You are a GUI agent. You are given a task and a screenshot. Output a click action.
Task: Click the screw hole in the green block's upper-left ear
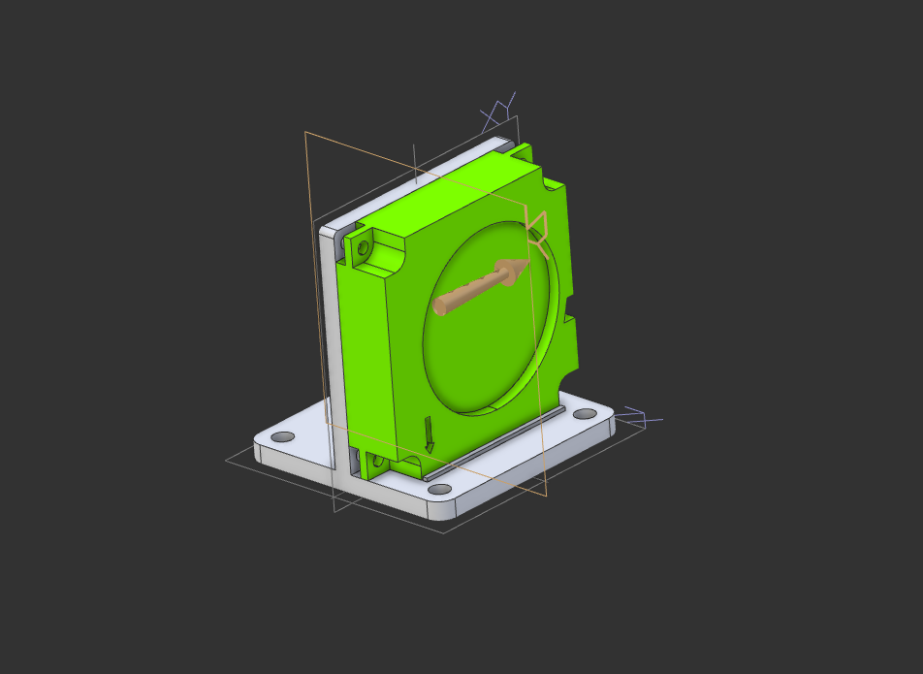(x=364, y=248)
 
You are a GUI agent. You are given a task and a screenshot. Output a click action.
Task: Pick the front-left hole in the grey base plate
(x=281, y=437)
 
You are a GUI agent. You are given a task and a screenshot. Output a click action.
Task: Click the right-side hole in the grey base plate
(x=585, y=414)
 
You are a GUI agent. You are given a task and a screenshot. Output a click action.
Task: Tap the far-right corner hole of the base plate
(x=585, y=414)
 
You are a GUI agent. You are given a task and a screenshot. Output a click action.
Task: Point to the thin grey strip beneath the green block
(x=494, y=442)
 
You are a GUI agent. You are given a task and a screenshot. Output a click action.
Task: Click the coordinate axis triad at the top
(x=498, y=112)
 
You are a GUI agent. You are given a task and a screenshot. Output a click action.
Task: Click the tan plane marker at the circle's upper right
(x=536, y=228)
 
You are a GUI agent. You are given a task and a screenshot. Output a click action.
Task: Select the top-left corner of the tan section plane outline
(x=305, y=132)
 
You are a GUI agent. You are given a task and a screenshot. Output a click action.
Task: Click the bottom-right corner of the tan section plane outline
(x=546, y=496)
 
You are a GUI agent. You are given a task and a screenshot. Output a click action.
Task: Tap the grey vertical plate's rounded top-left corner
(x=326, y=230)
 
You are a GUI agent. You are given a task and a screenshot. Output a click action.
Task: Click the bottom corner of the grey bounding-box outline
(x=445, y=532)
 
